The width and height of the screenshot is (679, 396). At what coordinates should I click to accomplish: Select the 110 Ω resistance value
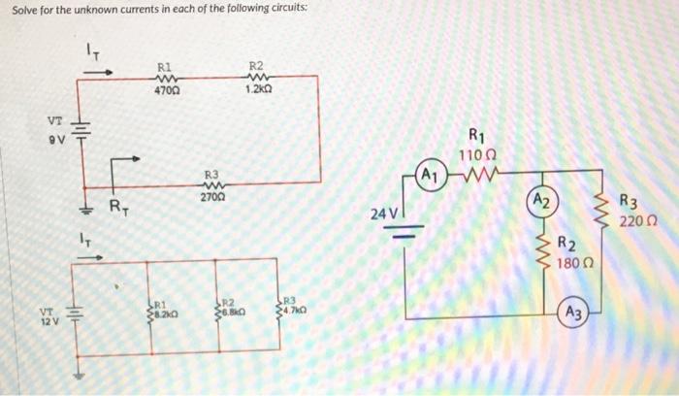point(478,154)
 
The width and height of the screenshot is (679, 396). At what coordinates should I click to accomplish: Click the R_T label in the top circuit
point(116,206)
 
